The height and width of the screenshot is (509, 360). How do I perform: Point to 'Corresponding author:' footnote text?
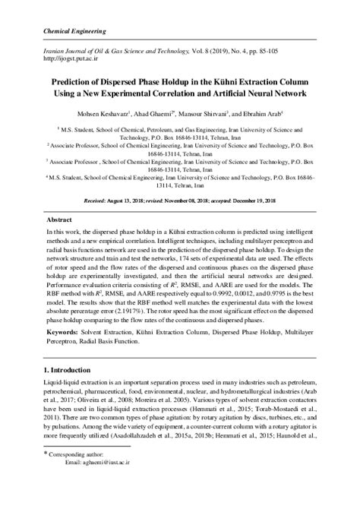pos(89,475)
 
